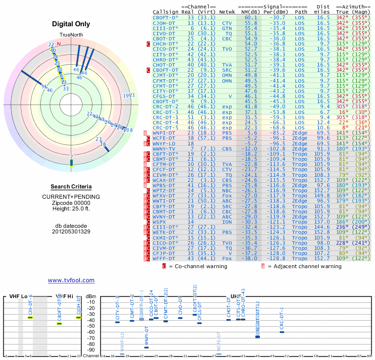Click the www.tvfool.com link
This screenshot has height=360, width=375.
click(71, 280)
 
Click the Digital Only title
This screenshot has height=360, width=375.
click(71, 24)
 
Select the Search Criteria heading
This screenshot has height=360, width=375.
click(71, 187)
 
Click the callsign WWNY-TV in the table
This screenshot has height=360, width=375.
click(164, 149)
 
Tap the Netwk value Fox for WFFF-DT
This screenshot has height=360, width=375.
click(227, 258)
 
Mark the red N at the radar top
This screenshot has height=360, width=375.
click(59, 44)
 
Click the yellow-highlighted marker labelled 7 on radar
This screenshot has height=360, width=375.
click(71, 162)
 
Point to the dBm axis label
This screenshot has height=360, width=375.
click(90, 296)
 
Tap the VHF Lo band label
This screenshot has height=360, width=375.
click(18, 296)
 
